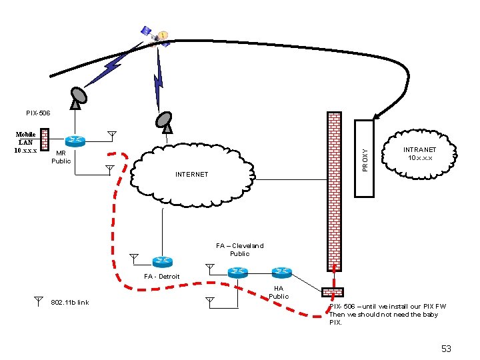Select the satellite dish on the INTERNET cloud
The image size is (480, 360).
[164, 119]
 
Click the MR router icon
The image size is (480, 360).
[74, 141]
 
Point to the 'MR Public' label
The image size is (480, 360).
[61, 157]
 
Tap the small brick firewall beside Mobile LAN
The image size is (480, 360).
[45, 139]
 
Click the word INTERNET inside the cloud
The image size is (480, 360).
[191, 175]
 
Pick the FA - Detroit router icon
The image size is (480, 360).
[162, 262]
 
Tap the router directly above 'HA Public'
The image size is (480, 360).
[281, 271]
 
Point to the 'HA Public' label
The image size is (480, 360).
[279, 292]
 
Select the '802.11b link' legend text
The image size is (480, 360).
[69, 302]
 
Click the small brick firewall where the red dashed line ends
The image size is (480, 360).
[332, 292]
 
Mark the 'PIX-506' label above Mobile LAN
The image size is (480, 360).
[38, 113]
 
